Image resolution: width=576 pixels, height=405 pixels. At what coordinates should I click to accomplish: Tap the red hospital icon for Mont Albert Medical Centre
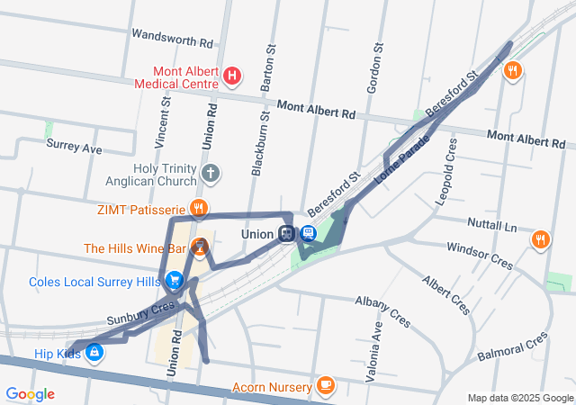[x=231, y=76]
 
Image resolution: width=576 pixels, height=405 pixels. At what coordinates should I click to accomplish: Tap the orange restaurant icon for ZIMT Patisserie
[x=198, y=209]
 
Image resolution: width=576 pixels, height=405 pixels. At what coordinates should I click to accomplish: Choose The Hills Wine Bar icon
[x=200, y=246]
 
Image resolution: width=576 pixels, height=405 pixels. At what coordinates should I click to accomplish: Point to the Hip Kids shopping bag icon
[x=94, y=354]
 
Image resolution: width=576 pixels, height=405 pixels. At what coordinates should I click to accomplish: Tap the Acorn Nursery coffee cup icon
[x=325, y=387]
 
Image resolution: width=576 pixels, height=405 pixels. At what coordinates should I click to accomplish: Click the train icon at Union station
[x=287, y=234]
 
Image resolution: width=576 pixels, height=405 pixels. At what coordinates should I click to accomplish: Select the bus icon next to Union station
[x=308, y=234]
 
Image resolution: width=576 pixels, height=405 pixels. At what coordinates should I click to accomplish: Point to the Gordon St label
[x=376, y=67]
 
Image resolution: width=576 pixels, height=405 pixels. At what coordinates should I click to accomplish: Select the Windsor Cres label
[x=479, y=255]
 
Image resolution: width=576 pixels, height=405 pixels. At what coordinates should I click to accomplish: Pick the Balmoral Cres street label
[x=512, y=346]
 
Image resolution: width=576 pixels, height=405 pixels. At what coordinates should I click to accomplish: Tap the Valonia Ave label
[x=377, y=349]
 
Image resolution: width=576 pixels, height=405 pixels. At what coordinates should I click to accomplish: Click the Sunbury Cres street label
[x=139, y=314]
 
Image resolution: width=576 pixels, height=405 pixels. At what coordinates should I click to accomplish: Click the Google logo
[x=30, y=393]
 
